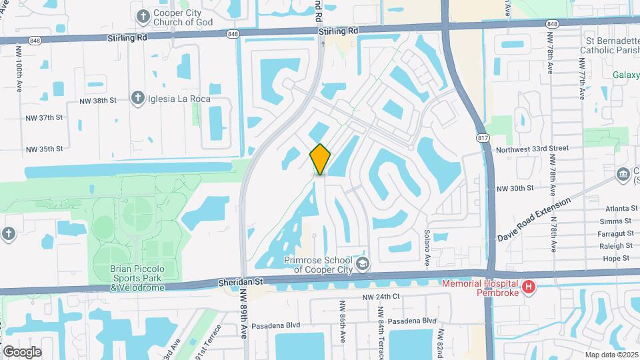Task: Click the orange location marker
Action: pos(320,159)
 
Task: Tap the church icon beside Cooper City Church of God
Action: pos(143,15)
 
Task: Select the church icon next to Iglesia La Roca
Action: pos(138,99)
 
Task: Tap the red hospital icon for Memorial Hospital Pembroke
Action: pos(529,288)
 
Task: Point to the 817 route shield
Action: pos(481,137)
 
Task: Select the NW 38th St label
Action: pos(97,101)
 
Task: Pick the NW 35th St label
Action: pos(44,149)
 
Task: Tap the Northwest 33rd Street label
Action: pos(533,148)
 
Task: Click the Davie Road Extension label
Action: pos(534,219)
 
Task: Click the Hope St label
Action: pos(617,258)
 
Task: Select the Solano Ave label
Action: pos(425,245)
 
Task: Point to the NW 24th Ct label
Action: pos(381,296)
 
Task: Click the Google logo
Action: pos(22,352)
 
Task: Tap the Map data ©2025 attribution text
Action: pos(610,354)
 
